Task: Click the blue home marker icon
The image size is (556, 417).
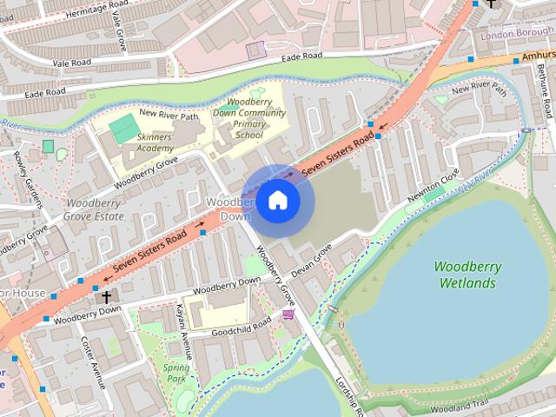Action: coord(277,201)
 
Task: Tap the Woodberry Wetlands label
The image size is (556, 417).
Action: coord(467,275)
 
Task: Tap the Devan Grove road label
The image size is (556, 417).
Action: coord(312,261)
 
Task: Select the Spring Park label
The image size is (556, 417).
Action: coord(176,373)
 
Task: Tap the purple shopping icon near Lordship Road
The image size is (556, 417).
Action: coord(288,314)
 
